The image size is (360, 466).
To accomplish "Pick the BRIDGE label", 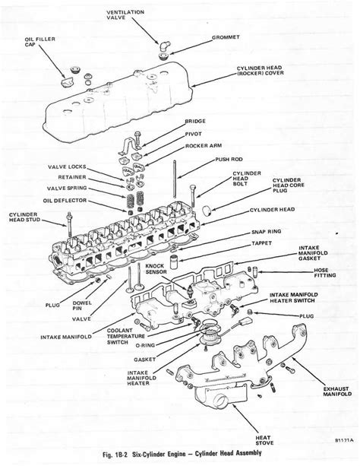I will pos(195,121).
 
